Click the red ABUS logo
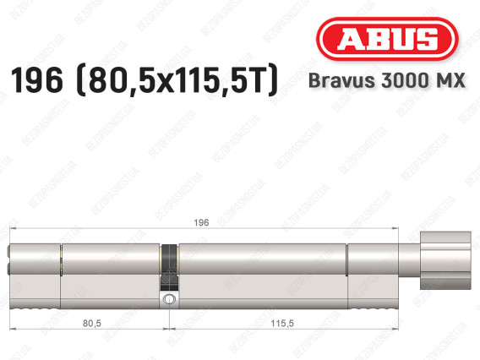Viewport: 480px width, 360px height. point(387,39)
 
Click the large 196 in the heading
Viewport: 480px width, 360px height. point(36,80)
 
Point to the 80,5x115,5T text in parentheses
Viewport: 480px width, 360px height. point(177,80)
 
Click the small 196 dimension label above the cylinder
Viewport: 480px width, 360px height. point(201,222)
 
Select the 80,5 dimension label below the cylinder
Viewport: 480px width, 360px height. point(92,323)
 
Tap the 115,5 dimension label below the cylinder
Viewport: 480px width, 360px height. point(282,323)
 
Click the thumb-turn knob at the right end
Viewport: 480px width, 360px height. point(445,260)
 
